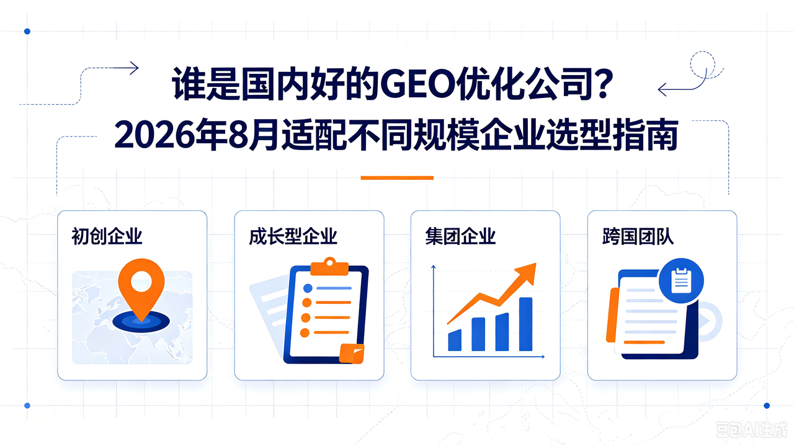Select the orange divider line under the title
(397, 178)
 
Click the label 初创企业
(107, 236)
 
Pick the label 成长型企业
(293, 236)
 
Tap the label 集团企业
(460, 236)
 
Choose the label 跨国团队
(638, 236)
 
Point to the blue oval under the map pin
(141, 322)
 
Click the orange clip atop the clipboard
(329, 267)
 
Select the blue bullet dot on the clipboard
(308, 288)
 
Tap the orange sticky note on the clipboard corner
(352, 354)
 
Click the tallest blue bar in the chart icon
(525, 324)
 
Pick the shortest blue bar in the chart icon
(455, 341)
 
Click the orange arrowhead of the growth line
(525, 274)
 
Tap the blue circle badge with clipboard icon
(681, 281)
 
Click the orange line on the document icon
(644, 342)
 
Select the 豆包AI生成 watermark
(750, 430)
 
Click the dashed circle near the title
(702, 65)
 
